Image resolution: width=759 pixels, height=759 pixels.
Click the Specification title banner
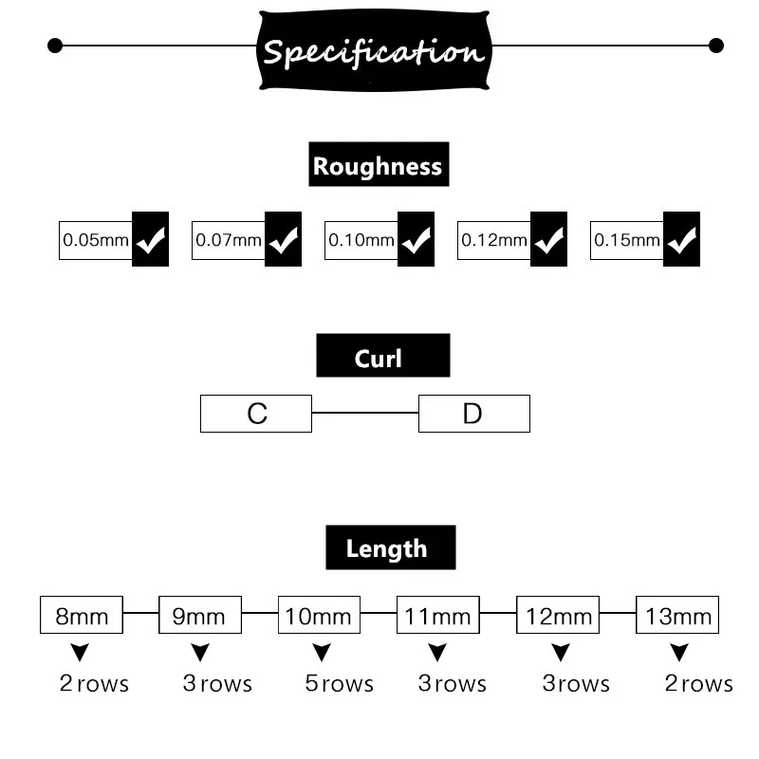[x=375, y=50]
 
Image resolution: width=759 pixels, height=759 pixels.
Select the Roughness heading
[x=378, y=166]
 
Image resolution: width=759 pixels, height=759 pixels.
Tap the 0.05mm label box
[x=95, y=240]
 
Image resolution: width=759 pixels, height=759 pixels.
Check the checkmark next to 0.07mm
[x=283, y=240]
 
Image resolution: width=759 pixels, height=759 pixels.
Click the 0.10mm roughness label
[x=361, y=240]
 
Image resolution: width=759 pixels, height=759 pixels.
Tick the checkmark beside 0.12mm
[x=548, y=240]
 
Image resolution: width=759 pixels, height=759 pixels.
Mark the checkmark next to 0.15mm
[x=681, y=240]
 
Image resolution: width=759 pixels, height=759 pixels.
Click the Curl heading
[x=382, y=358]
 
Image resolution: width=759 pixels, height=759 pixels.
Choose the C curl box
[x=256, y=414]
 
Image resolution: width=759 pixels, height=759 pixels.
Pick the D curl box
[x=473, y=414]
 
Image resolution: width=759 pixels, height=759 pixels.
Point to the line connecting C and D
[x=365, y=414]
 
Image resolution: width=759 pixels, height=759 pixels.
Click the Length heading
[x=390, y=547]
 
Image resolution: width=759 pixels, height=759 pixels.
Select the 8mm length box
[x=82, y=616]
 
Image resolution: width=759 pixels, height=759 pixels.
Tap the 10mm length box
[x=319, y=616]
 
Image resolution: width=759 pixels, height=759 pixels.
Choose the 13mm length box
[x=677, y=616]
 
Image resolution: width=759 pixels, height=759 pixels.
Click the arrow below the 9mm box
[x=200, y=653]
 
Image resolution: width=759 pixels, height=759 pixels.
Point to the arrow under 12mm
[x=561, y=653]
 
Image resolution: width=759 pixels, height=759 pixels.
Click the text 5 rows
[x=340, y=684]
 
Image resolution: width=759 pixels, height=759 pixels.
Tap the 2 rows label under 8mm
[x=94, y=684]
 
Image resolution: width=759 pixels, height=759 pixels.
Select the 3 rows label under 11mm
[x=453, y=684]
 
